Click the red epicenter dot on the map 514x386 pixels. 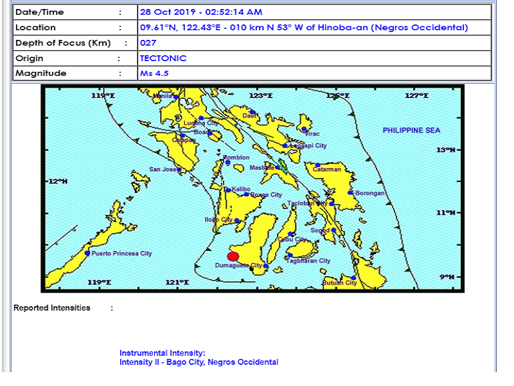click(x=233, y=256)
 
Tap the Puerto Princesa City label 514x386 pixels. click(x=121, y=253)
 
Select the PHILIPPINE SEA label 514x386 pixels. click(x=411, y=131)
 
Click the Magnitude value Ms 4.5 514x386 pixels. click(x=154, y=74)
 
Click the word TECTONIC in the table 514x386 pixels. click(x=163, y=59)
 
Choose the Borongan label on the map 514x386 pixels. click(x=369, y=193)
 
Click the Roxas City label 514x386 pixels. click(x=266, y=195)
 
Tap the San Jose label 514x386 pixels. click(x=163, y=170)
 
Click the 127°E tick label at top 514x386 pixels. click(x=416, y=96)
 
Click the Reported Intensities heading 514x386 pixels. click(x=52, y=308)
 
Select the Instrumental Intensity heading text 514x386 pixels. click(x=162, y=353)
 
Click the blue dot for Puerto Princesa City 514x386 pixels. click(x=87, y=253)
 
